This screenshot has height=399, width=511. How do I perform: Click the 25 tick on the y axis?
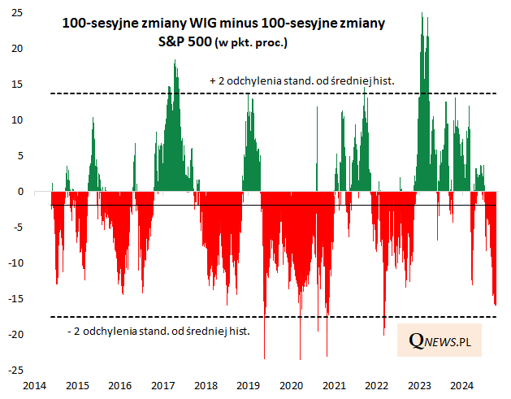coord(17,13)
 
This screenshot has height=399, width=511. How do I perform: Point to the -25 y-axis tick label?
coord(15,371)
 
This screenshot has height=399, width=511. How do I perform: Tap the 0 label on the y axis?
coord(19,192)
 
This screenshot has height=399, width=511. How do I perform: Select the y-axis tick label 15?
coord(17,85)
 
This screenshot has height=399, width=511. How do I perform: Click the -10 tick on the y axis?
coord(15,263)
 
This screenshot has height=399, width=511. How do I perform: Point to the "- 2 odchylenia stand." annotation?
coord(158,331)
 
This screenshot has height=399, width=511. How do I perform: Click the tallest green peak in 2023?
coord(422,14)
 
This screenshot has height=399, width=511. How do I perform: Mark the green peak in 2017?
coord(175,61)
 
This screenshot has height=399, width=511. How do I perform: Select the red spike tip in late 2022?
coord(384,334)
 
